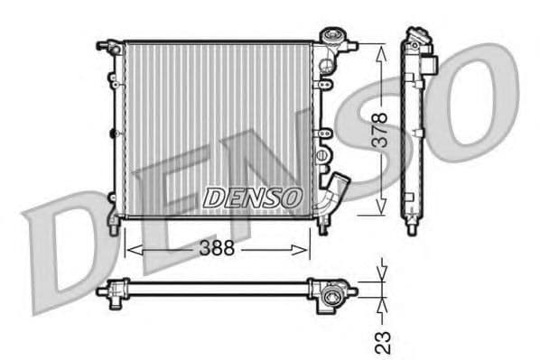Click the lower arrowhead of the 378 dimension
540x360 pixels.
(380, 209)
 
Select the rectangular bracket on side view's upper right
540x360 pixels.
(432, 64)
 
